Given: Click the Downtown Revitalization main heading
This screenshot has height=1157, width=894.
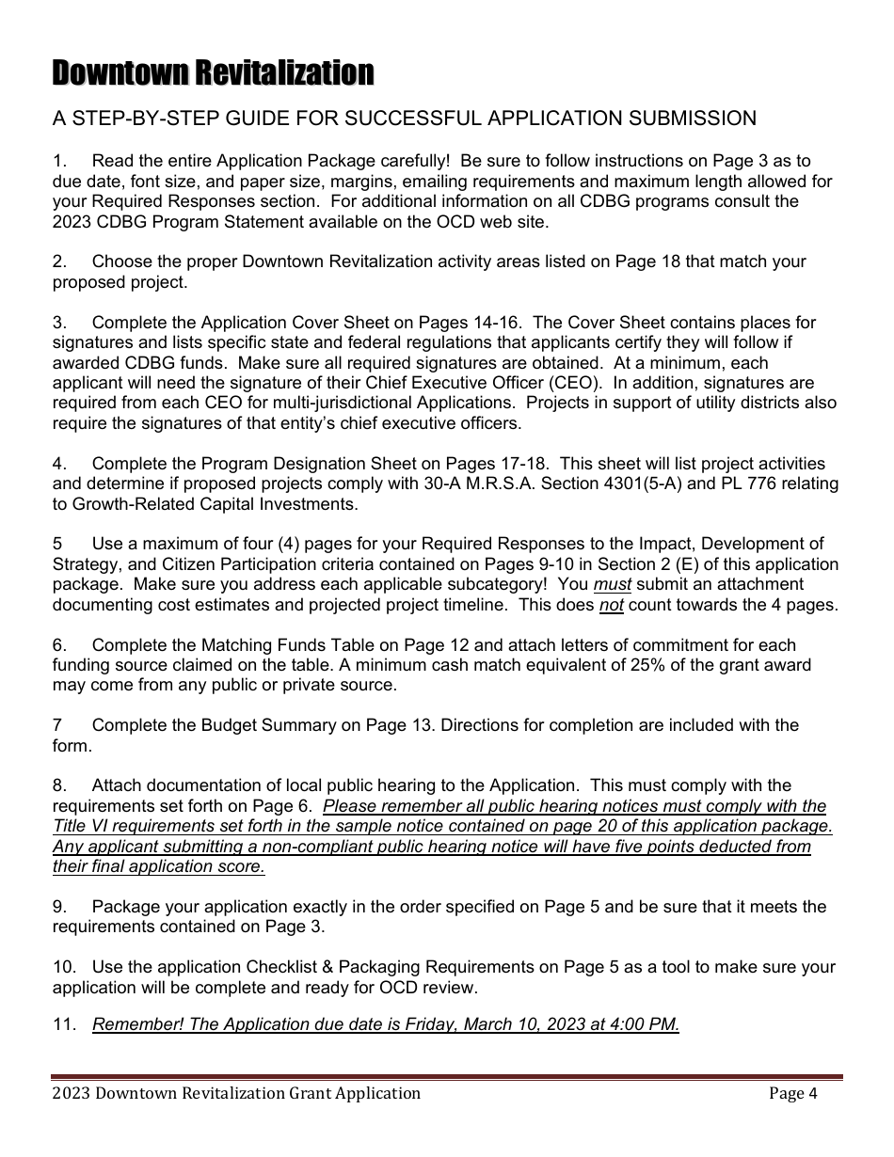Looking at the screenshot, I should [213, 72].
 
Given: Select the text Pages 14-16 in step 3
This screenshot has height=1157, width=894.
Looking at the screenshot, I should [475, 323].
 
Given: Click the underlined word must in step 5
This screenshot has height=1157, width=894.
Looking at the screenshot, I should [612, 584].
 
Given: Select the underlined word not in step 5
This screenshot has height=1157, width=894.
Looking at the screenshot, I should [612, 605].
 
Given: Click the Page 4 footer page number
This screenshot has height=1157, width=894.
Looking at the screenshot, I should [792, 1093].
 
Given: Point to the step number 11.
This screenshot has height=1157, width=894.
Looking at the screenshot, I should [63, 1024].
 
